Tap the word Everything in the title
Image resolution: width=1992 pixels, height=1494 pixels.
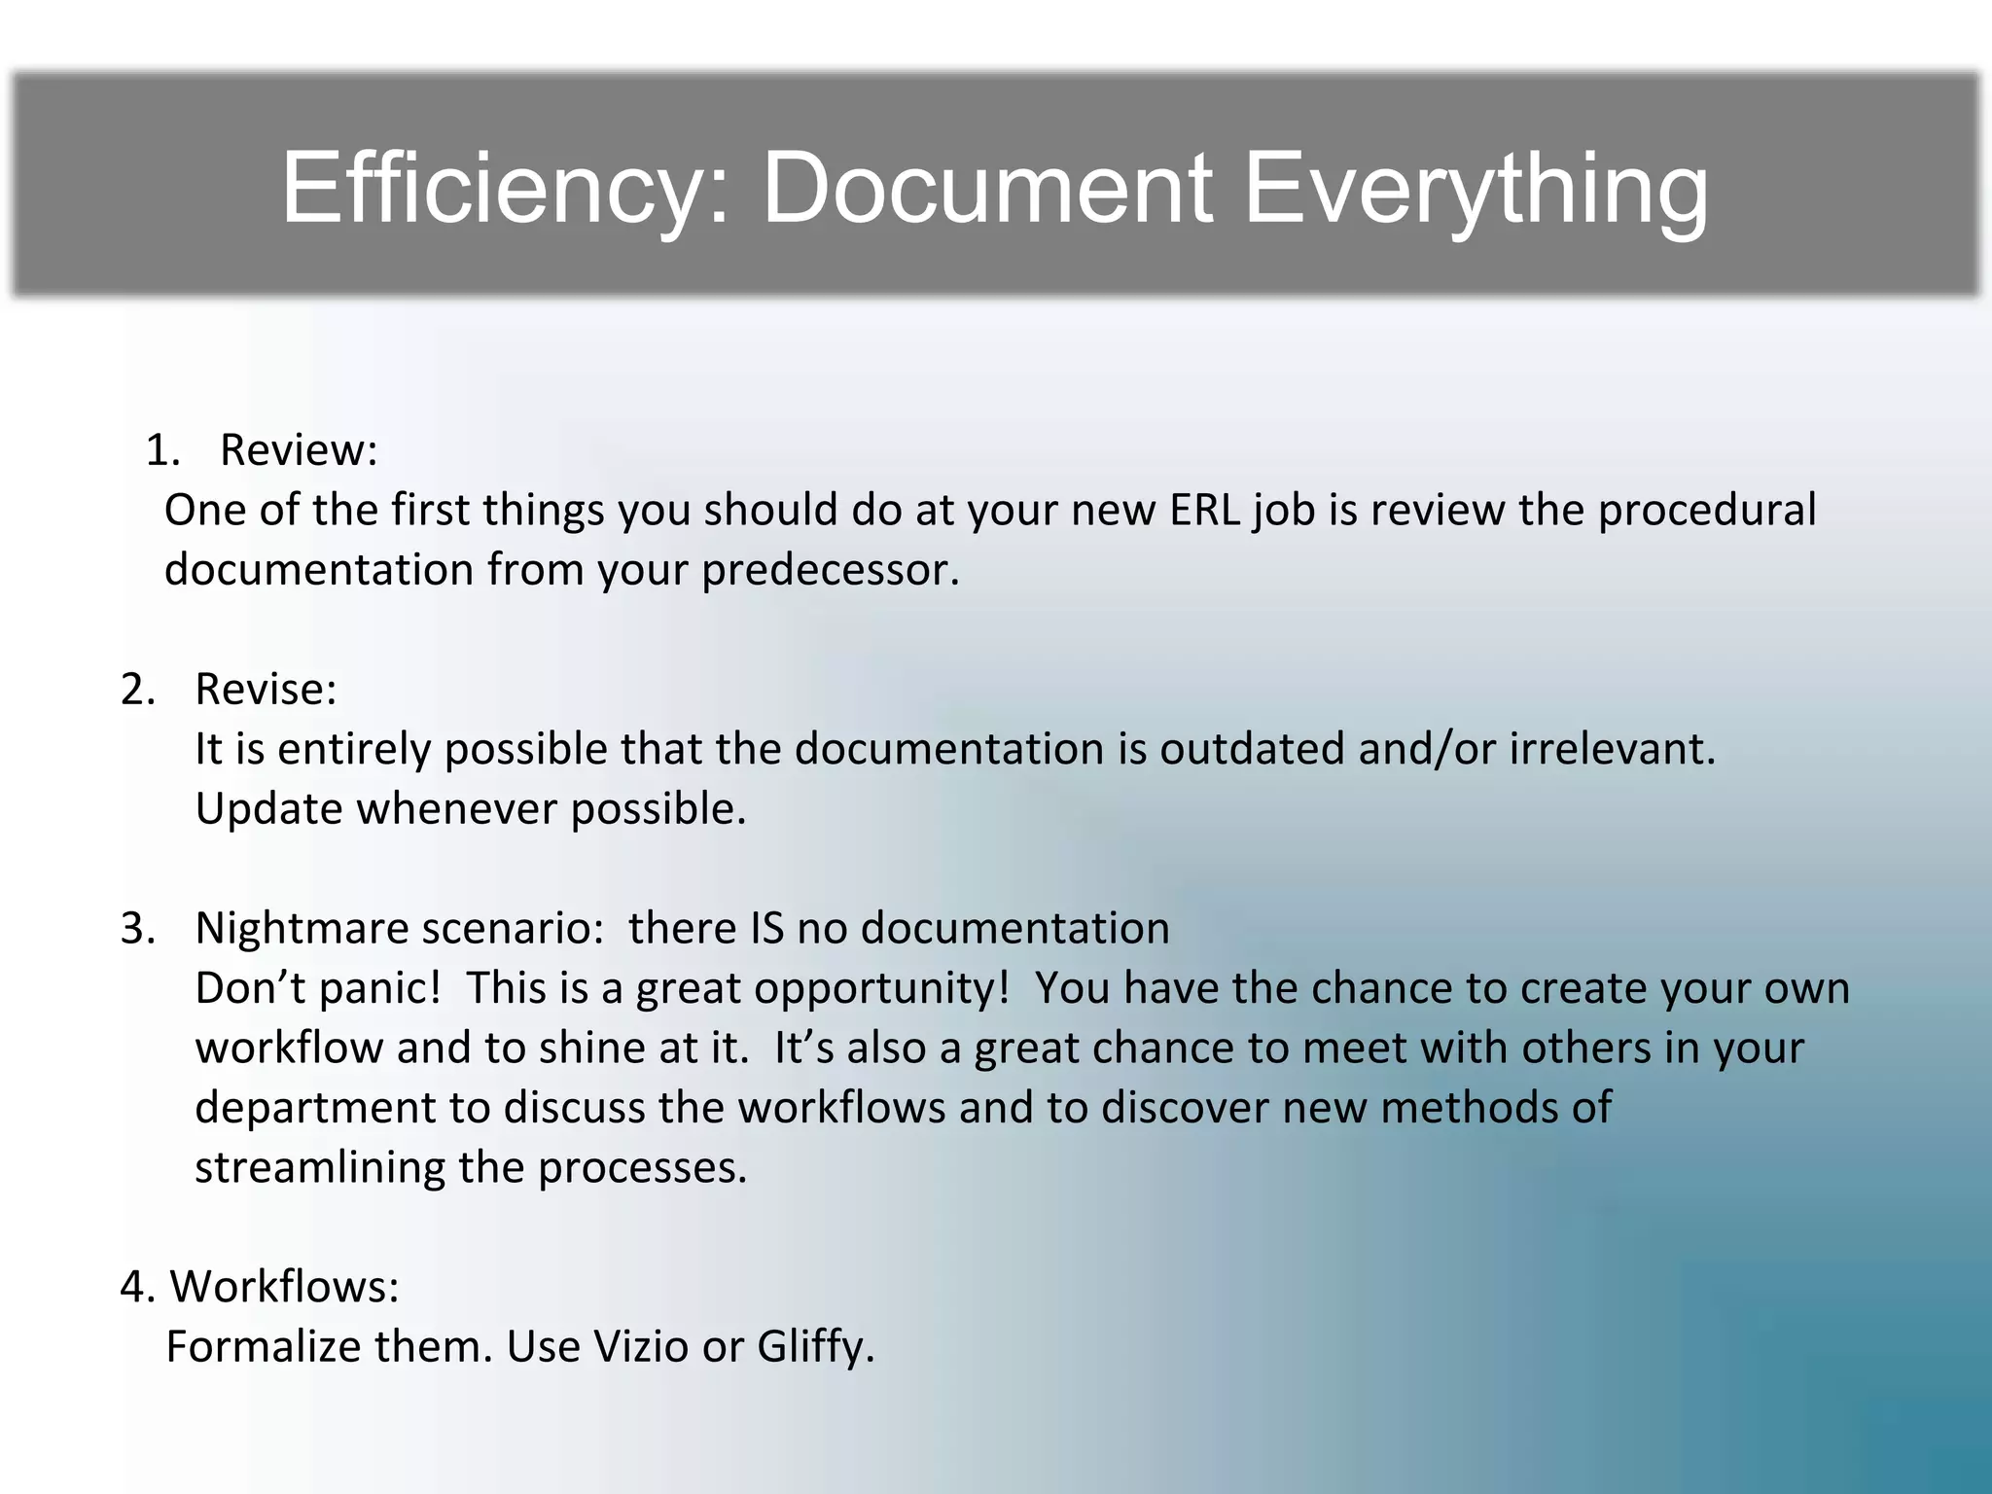1476,189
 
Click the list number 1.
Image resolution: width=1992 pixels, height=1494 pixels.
161,450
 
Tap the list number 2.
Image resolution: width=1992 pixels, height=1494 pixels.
137,690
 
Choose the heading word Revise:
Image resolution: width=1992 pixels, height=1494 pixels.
266,690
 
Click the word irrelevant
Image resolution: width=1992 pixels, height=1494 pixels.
1613,750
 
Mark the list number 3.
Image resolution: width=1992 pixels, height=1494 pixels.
137,929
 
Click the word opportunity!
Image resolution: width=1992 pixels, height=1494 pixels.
881,989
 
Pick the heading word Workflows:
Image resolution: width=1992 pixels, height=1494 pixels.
285,1287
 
